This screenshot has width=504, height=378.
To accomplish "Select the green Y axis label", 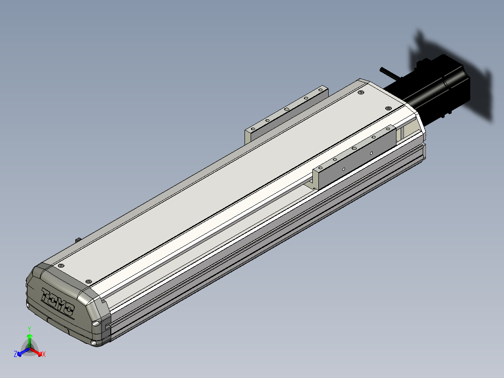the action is coord(29,329).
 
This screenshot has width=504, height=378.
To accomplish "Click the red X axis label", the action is coord(44,354).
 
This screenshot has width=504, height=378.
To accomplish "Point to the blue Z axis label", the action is coord(15,354).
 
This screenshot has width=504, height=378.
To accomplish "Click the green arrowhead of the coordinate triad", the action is coord(29,336).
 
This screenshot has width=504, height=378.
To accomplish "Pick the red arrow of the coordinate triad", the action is coord(36,351).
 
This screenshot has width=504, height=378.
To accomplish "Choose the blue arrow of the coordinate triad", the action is coord(23,351).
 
